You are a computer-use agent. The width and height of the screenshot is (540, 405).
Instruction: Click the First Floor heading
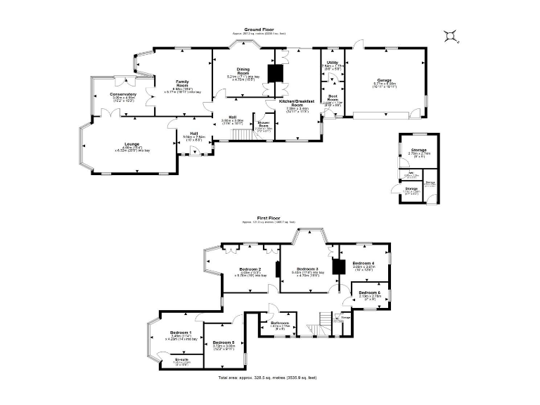(x=269, y=219)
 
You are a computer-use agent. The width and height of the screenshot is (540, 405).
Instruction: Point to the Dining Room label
(x=243, y=73)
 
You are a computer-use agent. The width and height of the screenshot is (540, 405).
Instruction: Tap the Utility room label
(x=332, y=63)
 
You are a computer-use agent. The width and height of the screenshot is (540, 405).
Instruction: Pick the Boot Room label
(x=333, y=99)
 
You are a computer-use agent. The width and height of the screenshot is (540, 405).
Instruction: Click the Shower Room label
(x=263, y=124)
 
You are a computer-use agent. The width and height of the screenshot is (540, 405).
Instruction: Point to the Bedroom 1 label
(x=180, y=332)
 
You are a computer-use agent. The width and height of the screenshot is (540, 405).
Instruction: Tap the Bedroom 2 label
(x=250, y=269)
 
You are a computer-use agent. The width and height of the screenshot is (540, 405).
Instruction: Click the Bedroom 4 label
(x=363, y=263)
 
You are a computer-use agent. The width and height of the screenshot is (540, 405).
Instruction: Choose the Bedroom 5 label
(x=224, y=342)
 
